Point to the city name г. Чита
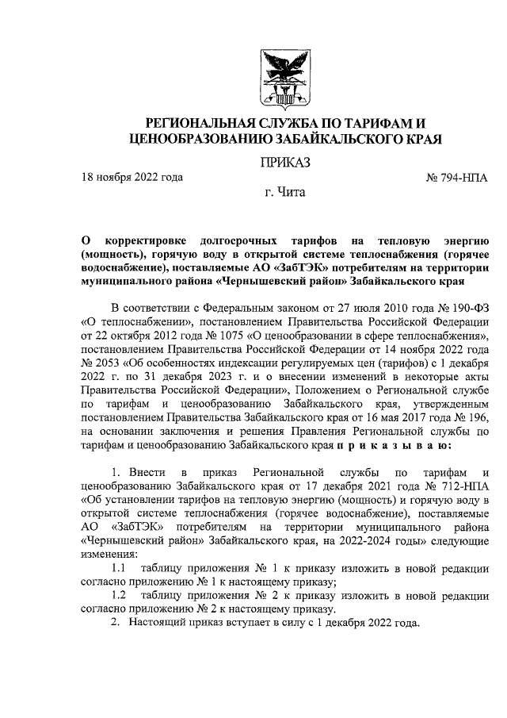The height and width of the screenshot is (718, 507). click(x=284, y=192)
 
